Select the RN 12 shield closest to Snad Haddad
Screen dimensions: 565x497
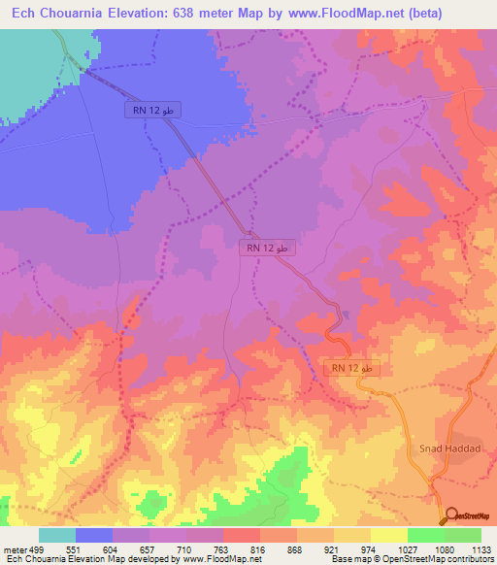350,369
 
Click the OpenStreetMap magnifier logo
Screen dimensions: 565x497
451,515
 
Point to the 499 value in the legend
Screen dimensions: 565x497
35,548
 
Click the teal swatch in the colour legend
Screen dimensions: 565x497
57,535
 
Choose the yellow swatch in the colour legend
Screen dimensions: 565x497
388,535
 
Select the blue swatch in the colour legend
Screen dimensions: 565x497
94,535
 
